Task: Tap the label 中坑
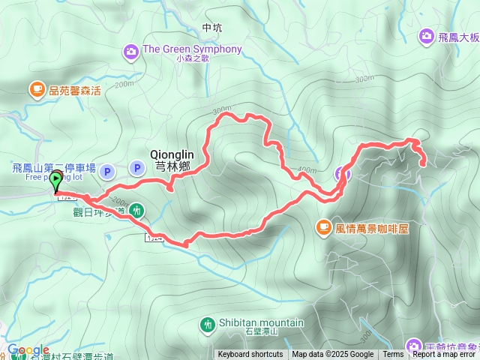pos(212,28)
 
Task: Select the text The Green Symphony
pos(192,49)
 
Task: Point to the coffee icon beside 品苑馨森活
pos(36,90)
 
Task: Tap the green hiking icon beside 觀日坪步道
pos(136,210)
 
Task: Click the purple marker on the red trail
pos(342,174)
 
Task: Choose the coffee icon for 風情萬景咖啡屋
pos(322,225)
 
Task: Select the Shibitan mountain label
pos(261,323)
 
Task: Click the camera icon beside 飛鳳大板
pos(426,35)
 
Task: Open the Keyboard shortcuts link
pos(250,355)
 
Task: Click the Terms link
pos(393,355)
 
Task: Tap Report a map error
pos(444,355)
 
